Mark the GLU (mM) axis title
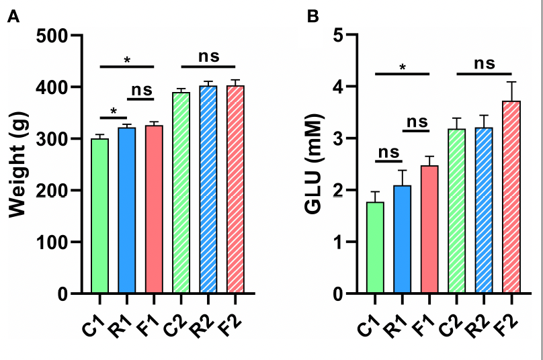coord(312,165)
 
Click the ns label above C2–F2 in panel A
coord(208,56)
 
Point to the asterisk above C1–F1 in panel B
coord(402,67)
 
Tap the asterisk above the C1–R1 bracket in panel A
coord(114,111)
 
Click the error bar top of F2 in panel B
coord(511,82)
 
